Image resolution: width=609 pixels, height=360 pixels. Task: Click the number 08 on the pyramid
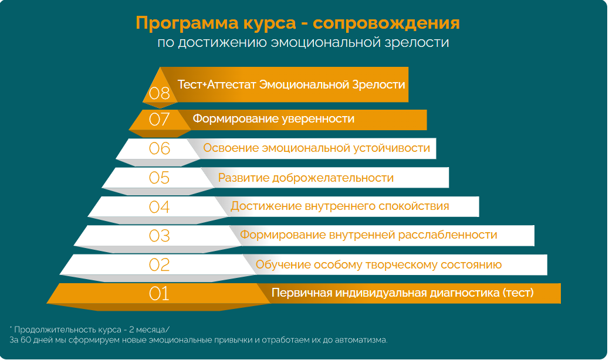click(x=159, y=93)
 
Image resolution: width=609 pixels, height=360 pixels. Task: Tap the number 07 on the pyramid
click(x=159, y=119)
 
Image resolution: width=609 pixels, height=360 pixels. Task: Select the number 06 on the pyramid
click(x=159, y=148)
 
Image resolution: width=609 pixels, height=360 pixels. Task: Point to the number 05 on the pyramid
click(x=159, y=178)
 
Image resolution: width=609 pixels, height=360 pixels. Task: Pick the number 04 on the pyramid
click(x=159, y=207)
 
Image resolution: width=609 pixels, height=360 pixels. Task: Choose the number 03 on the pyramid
click(x=159, y=236)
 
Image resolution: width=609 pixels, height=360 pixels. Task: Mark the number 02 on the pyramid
click(x=159, y=265)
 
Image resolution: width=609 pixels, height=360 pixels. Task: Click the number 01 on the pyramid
click(x=159, y=294)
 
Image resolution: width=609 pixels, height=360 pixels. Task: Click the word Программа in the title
click(x=187, y=23)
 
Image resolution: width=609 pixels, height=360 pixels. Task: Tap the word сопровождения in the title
click(x=386, y=23)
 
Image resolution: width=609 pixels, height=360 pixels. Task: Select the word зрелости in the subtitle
click(x=417, y=42)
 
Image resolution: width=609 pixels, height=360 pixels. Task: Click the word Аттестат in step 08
click(x=232, y=84)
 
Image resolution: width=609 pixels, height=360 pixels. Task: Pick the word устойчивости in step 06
click(x=391, y=148)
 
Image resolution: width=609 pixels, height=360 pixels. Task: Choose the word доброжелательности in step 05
click(x=333, y=178)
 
